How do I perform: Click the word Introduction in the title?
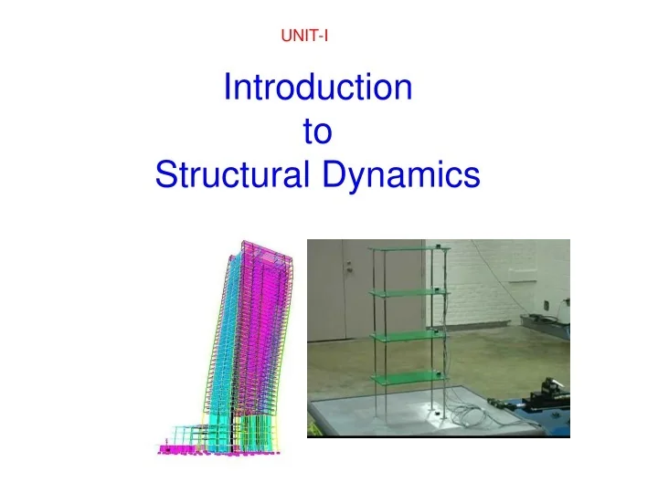coord(317,89)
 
